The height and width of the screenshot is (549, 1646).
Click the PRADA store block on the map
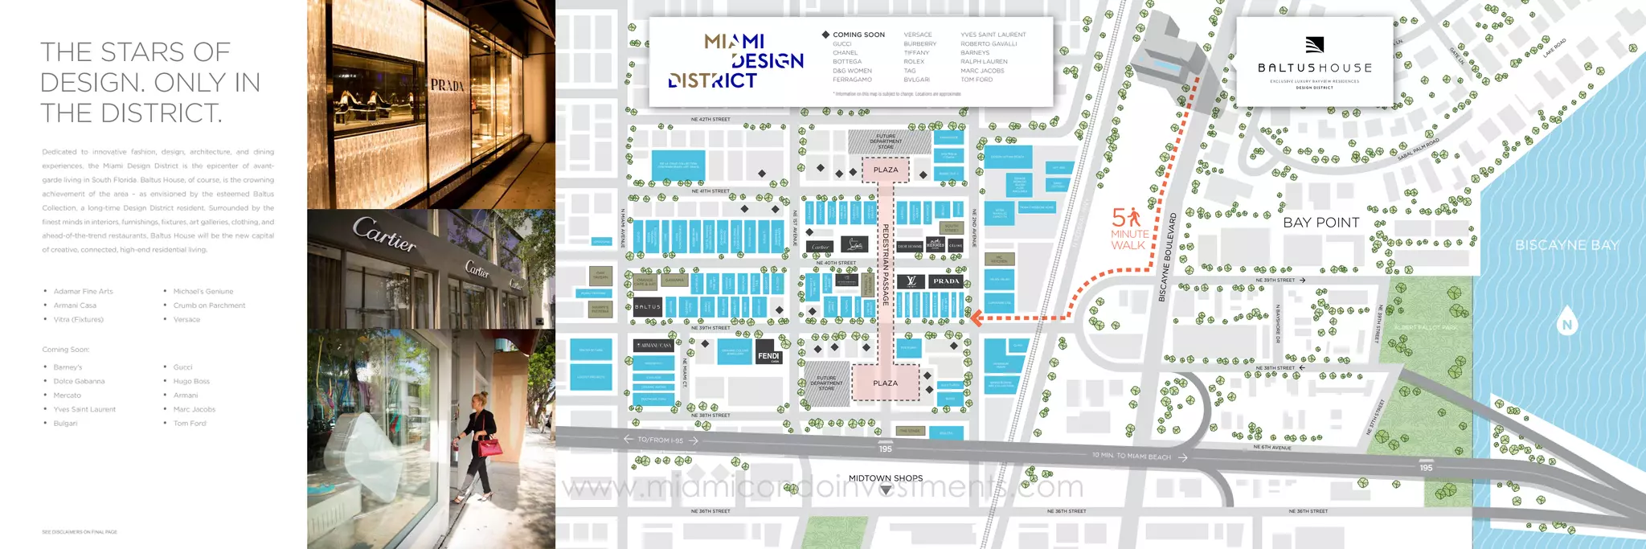click(x=946, y=281)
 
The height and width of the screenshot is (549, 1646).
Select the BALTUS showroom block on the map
click(x=647, y=306)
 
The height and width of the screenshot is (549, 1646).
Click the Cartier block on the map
click(x=821, y=246)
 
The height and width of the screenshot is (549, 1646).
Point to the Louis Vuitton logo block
click(x=911, y=281)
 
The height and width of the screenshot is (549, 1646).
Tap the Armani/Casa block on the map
click(x=654, y=346)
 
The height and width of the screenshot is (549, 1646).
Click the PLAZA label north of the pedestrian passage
click(x=886, y=170)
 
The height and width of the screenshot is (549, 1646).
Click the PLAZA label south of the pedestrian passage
click(x=885, y=383)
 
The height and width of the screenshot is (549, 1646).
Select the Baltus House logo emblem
click(x=1314, y=45)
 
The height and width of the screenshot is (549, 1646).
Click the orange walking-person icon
click(x=1134, y=216)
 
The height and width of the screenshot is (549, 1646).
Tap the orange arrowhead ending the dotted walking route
click(x=975, y=318)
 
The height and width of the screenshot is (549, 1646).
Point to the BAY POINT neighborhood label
click(x=1320, y=223)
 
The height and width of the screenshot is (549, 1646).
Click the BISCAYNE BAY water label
click(x=1566, y=245)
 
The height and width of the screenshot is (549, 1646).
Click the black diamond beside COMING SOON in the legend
click(x=825, y=35)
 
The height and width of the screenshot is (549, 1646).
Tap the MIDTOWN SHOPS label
click(x=885, y=478)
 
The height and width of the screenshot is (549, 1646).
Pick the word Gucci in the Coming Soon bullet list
click(x=183, y=367)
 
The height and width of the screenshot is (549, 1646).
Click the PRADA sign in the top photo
click(x=447, y=85)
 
